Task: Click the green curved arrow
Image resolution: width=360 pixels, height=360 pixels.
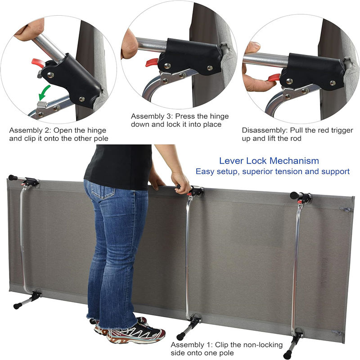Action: (44, 92)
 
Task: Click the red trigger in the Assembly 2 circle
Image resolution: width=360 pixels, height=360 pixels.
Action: (38, 63)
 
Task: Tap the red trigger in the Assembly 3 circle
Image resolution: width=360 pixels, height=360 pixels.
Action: (152, 63)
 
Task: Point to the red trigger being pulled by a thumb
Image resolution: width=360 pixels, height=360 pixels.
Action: (274, 78)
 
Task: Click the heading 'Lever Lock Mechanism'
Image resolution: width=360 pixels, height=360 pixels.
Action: (269, 161)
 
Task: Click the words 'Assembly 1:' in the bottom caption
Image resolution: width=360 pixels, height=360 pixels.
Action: (192, 345)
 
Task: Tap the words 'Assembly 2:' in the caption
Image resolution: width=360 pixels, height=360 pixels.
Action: (30, 130)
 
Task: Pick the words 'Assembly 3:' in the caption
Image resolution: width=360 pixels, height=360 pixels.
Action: (152, 116)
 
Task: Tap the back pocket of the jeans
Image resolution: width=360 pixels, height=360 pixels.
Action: (103, 191)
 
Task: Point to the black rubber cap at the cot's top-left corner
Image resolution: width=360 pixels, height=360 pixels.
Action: (13, 177)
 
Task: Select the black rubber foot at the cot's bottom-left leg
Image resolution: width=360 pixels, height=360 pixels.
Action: (18, 306)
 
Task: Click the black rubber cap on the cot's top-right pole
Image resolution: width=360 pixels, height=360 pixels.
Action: (294, 195)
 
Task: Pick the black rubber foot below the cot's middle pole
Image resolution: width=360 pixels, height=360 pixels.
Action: (180, 336)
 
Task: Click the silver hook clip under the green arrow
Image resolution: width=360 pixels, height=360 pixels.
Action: (42, 105)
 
